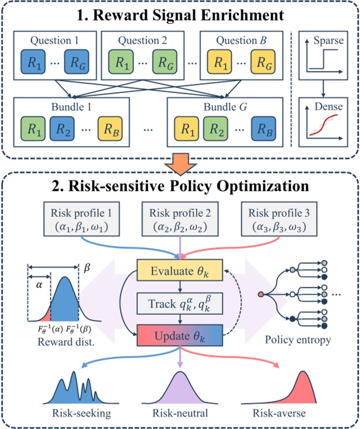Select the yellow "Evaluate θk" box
coord(180,271)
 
